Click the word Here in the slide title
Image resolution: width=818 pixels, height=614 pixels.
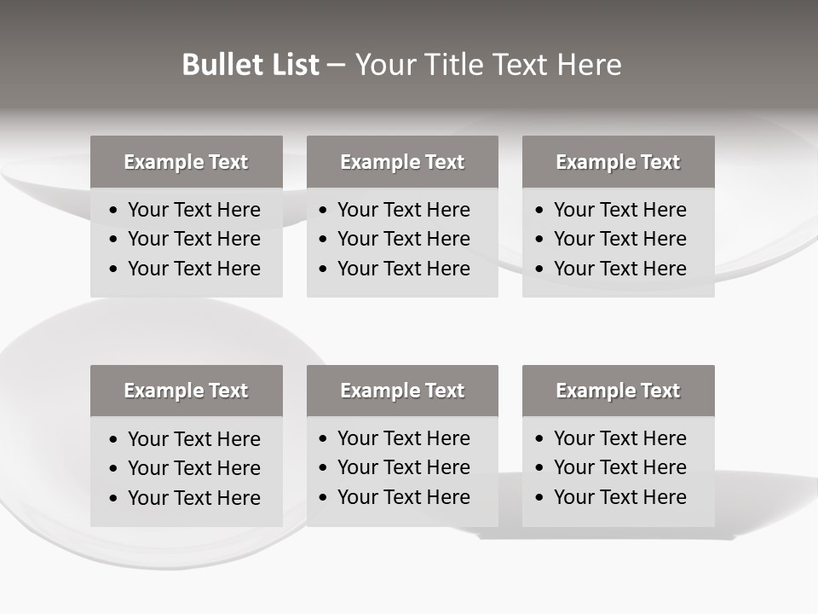click(589, 65)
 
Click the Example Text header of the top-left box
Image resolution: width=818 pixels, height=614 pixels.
click(186, 162)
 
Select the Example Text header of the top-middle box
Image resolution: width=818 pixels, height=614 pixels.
click(402, 162)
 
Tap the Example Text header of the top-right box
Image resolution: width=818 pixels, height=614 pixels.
click(618, 162)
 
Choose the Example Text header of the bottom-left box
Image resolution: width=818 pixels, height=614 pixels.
click(186, 391)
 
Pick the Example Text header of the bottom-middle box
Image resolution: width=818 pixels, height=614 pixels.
click(402, 391)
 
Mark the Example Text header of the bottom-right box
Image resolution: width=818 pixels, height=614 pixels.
click(618, 391)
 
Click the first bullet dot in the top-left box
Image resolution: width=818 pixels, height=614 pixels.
click(114, 211)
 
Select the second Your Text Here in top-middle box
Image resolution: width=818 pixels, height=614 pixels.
click(403, 239)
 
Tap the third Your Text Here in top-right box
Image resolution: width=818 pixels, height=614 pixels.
click(619, 269)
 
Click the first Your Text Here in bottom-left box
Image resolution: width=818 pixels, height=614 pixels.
click(193, 439)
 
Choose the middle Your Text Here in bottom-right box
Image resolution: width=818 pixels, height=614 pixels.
click(619, 467)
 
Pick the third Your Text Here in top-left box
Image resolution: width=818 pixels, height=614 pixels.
click(193, 269)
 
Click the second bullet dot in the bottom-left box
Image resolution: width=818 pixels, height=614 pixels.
click(114, 469)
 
